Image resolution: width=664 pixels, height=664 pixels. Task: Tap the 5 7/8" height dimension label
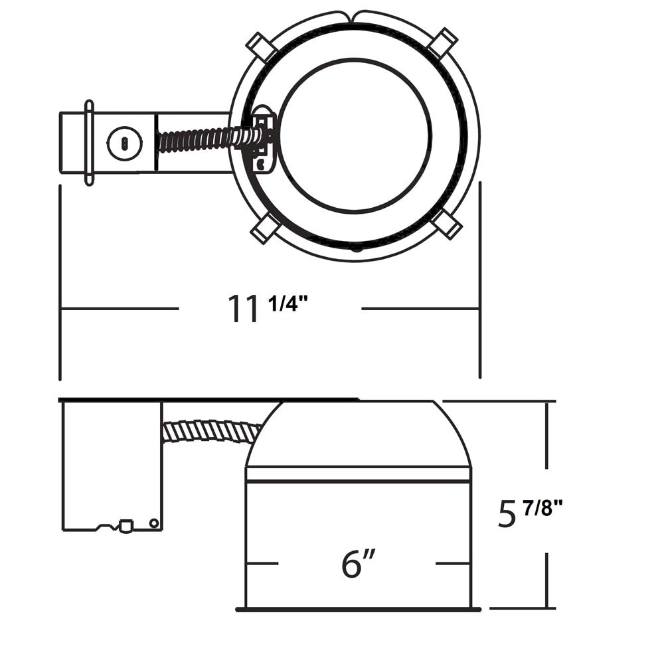click(530, 513)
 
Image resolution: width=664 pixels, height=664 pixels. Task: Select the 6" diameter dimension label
click(359, 563)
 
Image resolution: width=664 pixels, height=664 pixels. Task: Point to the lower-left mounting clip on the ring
click(264, 228)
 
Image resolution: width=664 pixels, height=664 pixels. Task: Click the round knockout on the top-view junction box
click(125, 143)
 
